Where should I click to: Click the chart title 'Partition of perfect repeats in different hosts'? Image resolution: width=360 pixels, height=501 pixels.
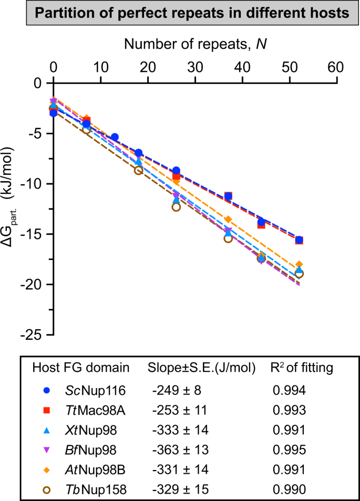(x=180, y=14)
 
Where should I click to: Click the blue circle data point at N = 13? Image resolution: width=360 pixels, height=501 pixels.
(x=115, y=137)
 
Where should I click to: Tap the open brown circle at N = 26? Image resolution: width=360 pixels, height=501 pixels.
(x=176, y=207)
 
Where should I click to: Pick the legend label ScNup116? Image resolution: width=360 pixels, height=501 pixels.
(x=90, y=390)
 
